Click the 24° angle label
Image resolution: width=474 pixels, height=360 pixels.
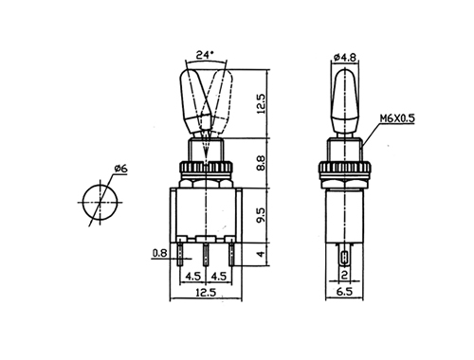(x=205, y=55)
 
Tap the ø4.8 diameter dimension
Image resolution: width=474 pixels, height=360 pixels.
(x=345, y=58)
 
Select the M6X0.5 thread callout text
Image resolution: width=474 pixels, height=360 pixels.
(x=397, y=118)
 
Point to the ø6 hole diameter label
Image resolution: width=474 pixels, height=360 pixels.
(x=120, y=169)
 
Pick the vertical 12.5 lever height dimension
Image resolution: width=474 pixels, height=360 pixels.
(x=262, y=103)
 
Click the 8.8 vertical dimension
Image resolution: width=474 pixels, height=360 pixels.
(x=262, y=163)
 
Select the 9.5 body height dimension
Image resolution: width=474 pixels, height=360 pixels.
(x=262, y=215)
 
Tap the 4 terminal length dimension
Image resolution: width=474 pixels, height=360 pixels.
(x=261, y=254)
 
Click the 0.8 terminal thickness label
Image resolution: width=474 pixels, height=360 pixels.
(x=160, y=253)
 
